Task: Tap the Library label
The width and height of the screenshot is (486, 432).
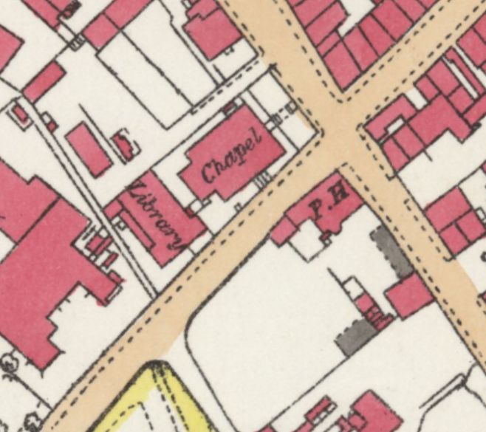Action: (x=157, y=217)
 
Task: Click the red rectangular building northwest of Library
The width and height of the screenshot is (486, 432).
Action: (x=88, y=150)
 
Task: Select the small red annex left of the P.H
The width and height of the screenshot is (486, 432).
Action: (x=283, y=231)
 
